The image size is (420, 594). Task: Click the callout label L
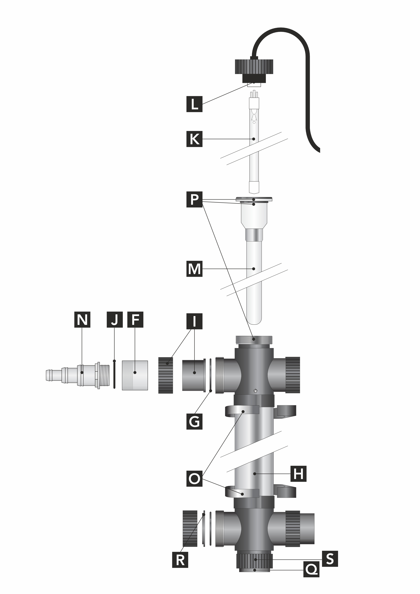point(194,104)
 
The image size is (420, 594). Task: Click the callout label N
point(82,320)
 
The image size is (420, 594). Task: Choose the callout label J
point(115,320)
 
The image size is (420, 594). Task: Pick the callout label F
point(135,320)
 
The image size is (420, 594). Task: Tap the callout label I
point(194,322)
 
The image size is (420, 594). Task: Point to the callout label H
point(298,474)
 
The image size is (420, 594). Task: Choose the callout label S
point(330,559)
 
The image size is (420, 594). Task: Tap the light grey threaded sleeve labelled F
point(135,375)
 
